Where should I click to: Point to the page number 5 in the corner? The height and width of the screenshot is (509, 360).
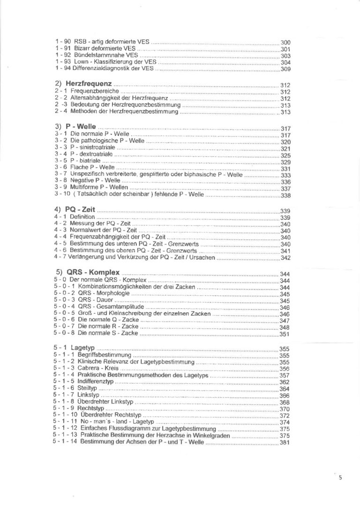click(x=340, y=478)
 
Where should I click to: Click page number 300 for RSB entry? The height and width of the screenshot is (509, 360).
click(x=285, y=43)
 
